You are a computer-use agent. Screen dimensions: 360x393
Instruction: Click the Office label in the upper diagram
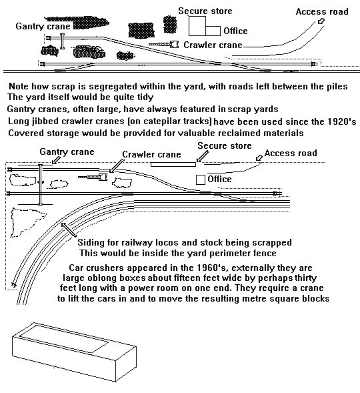(x=235, y=31)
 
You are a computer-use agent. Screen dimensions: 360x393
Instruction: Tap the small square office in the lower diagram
(x=200, y=179)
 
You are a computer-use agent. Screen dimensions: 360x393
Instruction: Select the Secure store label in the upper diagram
(x=205, y=11)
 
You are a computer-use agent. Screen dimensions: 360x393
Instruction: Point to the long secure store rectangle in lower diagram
(x=173, y=164)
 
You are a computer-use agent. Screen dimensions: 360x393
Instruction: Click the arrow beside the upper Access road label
(x=321, y=21)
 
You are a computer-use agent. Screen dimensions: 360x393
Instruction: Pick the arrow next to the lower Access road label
(x=259, y=157)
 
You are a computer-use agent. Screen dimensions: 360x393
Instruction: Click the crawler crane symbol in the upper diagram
(x=164, y=45)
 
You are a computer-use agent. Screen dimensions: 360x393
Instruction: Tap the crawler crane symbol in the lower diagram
(x=93, y=177)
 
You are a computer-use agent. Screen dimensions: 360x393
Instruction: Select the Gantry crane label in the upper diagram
(x=43, y=26)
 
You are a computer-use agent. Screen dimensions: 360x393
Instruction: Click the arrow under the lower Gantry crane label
(x=56, y=160)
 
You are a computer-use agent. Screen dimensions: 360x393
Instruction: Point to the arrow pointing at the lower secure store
(x=202, y=156)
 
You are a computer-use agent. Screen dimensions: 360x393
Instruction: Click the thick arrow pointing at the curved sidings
(x=69, y=230)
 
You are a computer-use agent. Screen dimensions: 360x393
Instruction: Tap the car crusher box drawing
(x=75, y=352)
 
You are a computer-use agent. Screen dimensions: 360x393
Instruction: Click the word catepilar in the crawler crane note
(x=162, y=121)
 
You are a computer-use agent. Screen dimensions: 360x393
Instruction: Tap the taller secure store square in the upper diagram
(x=197, y=26)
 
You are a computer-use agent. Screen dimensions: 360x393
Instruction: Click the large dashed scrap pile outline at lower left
(x=26, y=222)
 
